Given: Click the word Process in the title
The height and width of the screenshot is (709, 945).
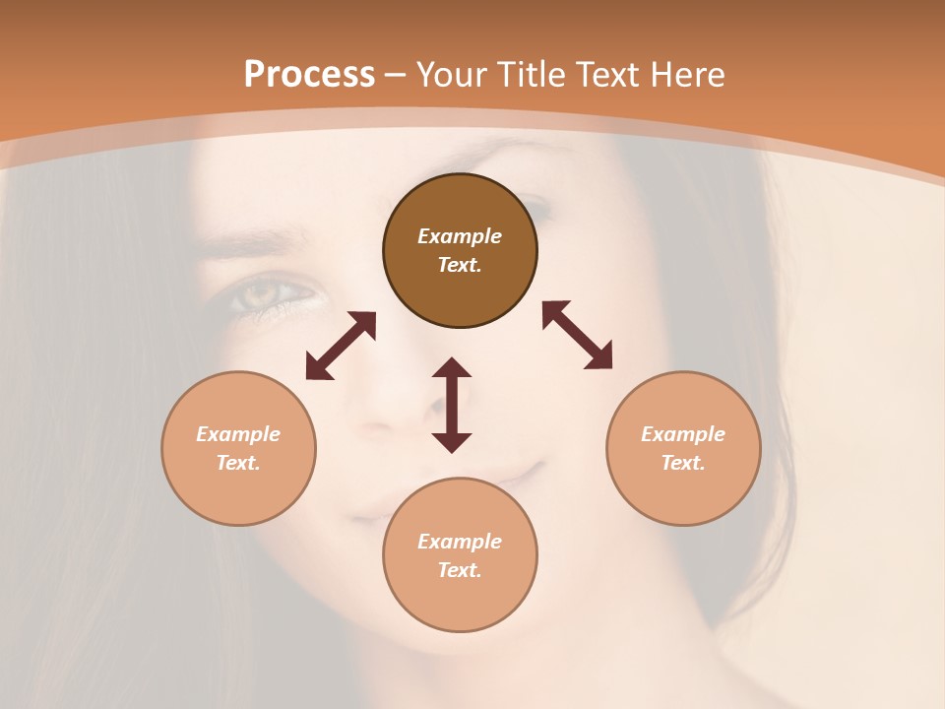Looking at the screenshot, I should coord(309,75).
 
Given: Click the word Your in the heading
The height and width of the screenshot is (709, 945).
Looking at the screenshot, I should coord(453,75).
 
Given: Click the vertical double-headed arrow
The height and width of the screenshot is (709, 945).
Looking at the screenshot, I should coord(452,405).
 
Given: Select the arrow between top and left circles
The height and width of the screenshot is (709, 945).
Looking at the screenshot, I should coord(341,346).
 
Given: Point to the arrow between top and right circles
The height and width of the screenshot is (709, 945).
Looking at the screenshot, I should coord(578,335).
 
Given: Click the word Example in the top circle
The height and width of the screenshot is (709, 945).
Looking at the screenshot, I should coord(460,236).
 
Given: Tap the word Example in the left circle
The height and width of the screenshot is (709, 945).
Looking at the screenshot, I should coord(238,434).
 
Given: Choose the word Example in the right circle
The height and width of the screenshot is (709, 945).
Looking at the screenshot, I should coord(683,434).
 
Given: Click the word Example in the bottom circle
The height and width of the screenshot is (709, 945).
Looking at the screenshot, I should coord(460,542).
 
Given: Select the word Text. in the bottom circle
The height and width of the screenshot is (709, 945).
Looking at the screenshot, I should coord(460,570).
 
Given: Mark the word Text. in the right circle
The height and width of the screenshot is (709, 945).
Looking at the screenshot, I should coord(683,463).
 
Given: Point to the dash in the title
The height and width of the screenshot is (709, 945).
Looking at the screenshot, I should coord(396,75).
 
